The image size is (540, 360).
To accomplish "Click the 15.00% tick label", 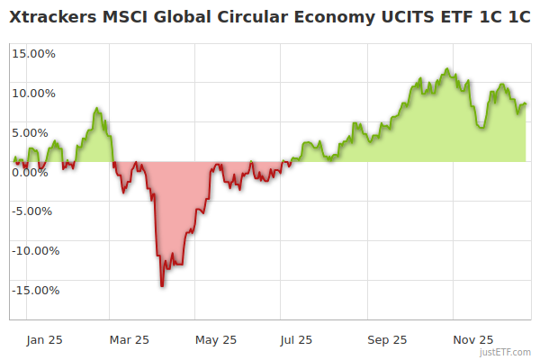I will tap(33, 52).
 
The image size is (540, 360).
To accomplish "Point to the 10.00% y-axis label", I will tap(33, 92).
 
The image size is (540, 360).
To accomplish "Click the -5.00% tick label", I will tap(34, 211).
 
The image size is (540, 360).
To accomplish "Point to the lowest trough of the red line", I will tap(162, 286).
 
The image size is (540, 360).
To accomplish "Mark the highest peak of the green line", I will tap(445, 68).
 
